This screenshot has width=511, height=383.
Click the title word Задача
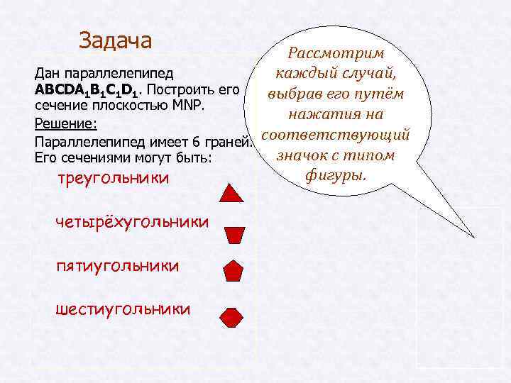[x=116, y=40]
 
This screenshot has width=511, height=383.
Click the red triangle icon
[x=233, y=192]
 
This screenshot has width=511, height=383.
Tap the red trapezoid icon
[x=233, y=234]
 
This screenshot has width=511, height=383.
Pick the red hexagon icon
[x=232, y=316]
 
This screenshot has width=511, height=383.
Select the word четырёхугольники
[x=132, y=222]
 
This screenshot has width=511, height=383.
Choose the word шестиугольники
[x=122, y=309]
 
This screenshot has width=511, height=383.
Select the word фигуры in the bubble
[x=335, y=173]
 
